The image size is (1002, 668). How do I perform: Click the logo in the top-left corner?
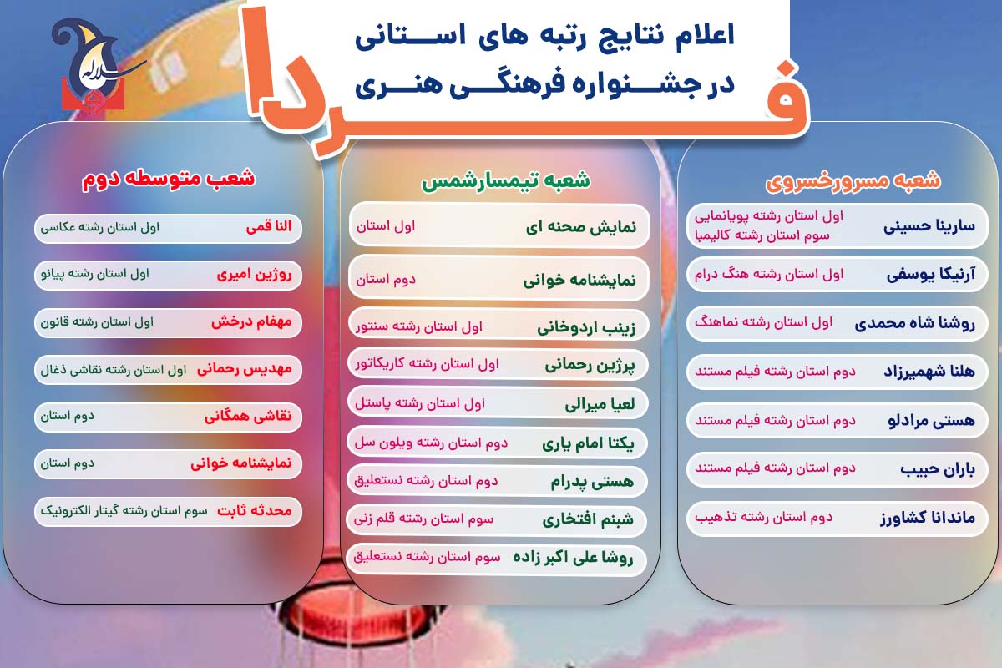(93, 65)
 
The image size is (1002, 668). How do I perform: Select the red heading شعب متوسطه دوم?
(168, 179)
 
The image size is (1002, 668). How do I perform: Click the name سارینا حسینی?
(929, 226)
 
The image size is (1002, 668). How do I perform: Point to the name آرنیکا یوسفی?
(931, 275)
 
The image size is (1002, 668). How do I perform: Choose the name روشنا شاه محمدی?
(914, 323)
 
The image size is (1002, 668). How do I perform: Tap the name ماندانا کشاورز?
(928, 518)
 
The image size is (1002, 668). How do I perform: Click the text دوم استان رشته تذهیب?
(763, 517)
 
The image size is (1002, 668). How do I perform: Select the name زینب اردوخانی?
(586, 328)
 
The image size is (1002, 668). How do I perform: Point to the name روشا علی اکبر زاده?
(573, 558)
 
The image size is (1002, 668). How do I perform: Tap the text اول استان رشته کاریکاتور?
(428, 364)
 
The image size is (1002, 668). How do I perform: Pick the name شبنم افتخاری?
(588, 519)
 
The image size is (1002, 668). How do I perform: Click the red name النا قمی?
(269, 226)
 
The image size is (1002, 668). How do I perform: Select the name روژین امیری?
(254, 275)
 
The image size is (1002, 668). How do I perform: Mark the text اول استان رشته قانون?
(97, 322)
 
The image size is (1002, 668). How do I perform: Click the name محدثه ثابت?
(255, 510)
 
